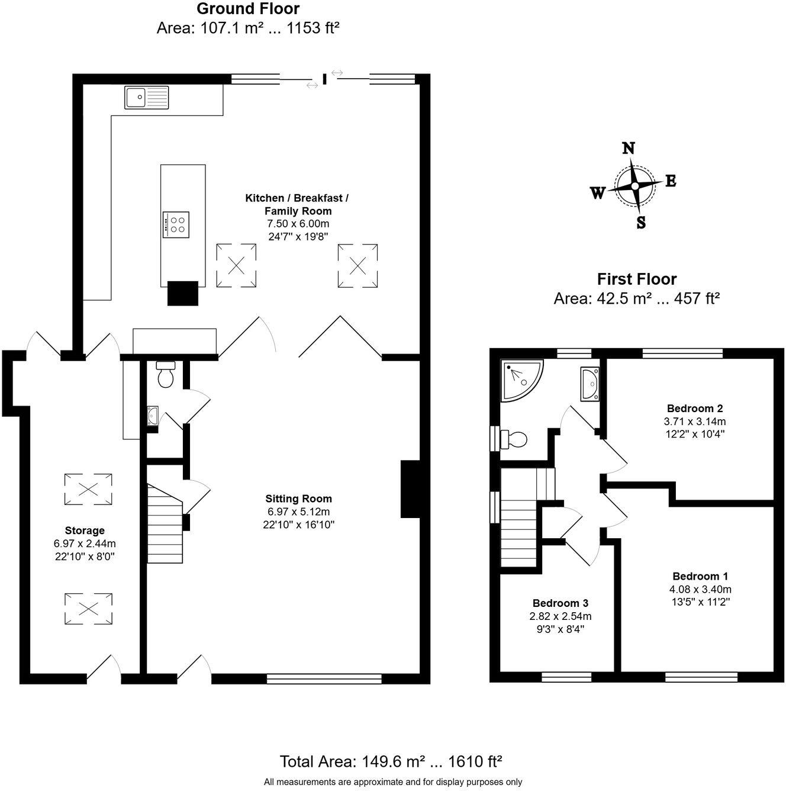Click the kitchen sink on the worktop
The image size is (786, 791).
[147, 97]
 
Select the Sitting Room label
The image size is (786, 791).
[298, 499]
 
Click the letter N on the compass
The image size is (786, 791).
[629, 148]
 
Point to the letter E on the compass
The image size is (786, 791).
[671, 181]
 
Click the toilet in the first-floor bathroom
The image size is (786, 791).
[514, 439]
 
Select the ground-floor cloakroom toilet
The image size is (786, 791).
[165, 375]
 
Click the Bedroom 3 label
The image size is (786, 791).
[560, 603]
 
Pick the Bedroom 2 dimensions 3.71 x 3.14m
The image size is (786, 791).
[695, 422]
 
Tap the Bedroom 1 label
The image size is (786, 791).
[700, 576]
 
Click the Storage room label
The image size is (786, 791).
[85, 530]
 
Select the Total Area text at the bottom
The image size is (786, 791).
[391, 761]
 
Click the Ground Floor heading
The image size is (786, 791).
[247, 9]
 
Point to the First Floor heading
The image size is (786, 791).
[636, 279]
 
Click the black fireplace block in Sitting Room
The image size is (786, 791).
[410, 489]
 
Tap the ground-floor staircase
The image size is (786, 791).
[165, 524]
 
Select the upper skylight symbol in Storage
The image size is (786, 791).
[88, 489]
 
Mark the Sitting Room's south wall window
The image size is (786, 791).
[324, 679]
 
